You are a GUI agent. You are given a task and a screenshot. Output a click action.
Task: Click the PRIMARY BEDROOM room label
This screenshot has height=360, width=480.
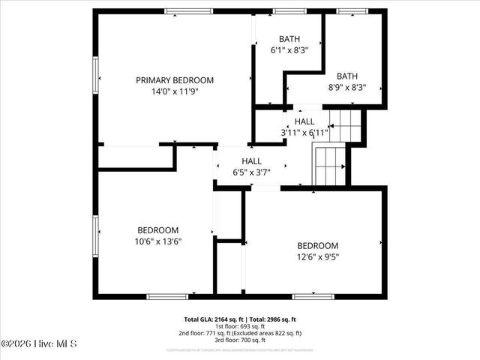pyautogui.click(x=174, y=80)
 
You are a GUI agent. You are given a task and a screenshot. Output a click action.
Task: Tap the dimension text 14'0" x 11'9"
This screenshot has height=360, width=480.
pyautogui.click(x=174, y=91)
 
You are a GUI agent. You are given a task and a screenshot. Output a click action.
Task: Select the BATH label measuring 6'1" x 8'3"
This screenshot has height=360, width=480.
pyautogui.click(x=289, y=39)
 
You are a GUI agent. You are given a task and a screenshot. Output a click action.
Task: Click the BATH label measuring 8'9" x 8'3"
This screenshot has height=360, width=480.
pyautogui.click(x=347, y=76)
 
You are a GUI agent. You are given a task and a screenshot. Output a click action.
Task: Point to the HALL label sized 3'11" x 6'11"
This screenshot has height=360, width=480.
pyautogui.click(x=304, y=121)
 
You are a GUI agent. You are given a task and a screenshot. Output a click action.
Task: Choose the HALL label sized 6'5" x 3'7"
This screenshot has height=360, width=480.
pyautogui.click(x=251, y=161)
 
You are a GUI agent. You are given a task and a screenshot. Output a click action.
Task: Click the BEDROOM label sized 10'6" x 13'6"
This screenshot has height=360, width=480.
pyautogui.click(x=157, y=230)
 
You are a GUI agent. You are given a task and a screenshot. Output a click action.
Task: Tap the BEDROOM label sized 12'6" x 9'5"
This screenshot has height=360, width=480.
pyautogui.click(x=317, y=245)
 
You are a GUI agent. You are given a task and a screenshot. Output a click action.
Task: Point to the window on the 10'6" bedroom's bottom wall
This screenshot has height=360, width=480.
pyautogui.click(x=167, y=297)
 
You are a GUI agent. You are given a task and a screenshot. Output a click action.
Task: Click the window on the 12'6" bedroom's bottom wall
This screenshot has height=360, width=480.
pyautogui.click(x=313, y=297)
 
